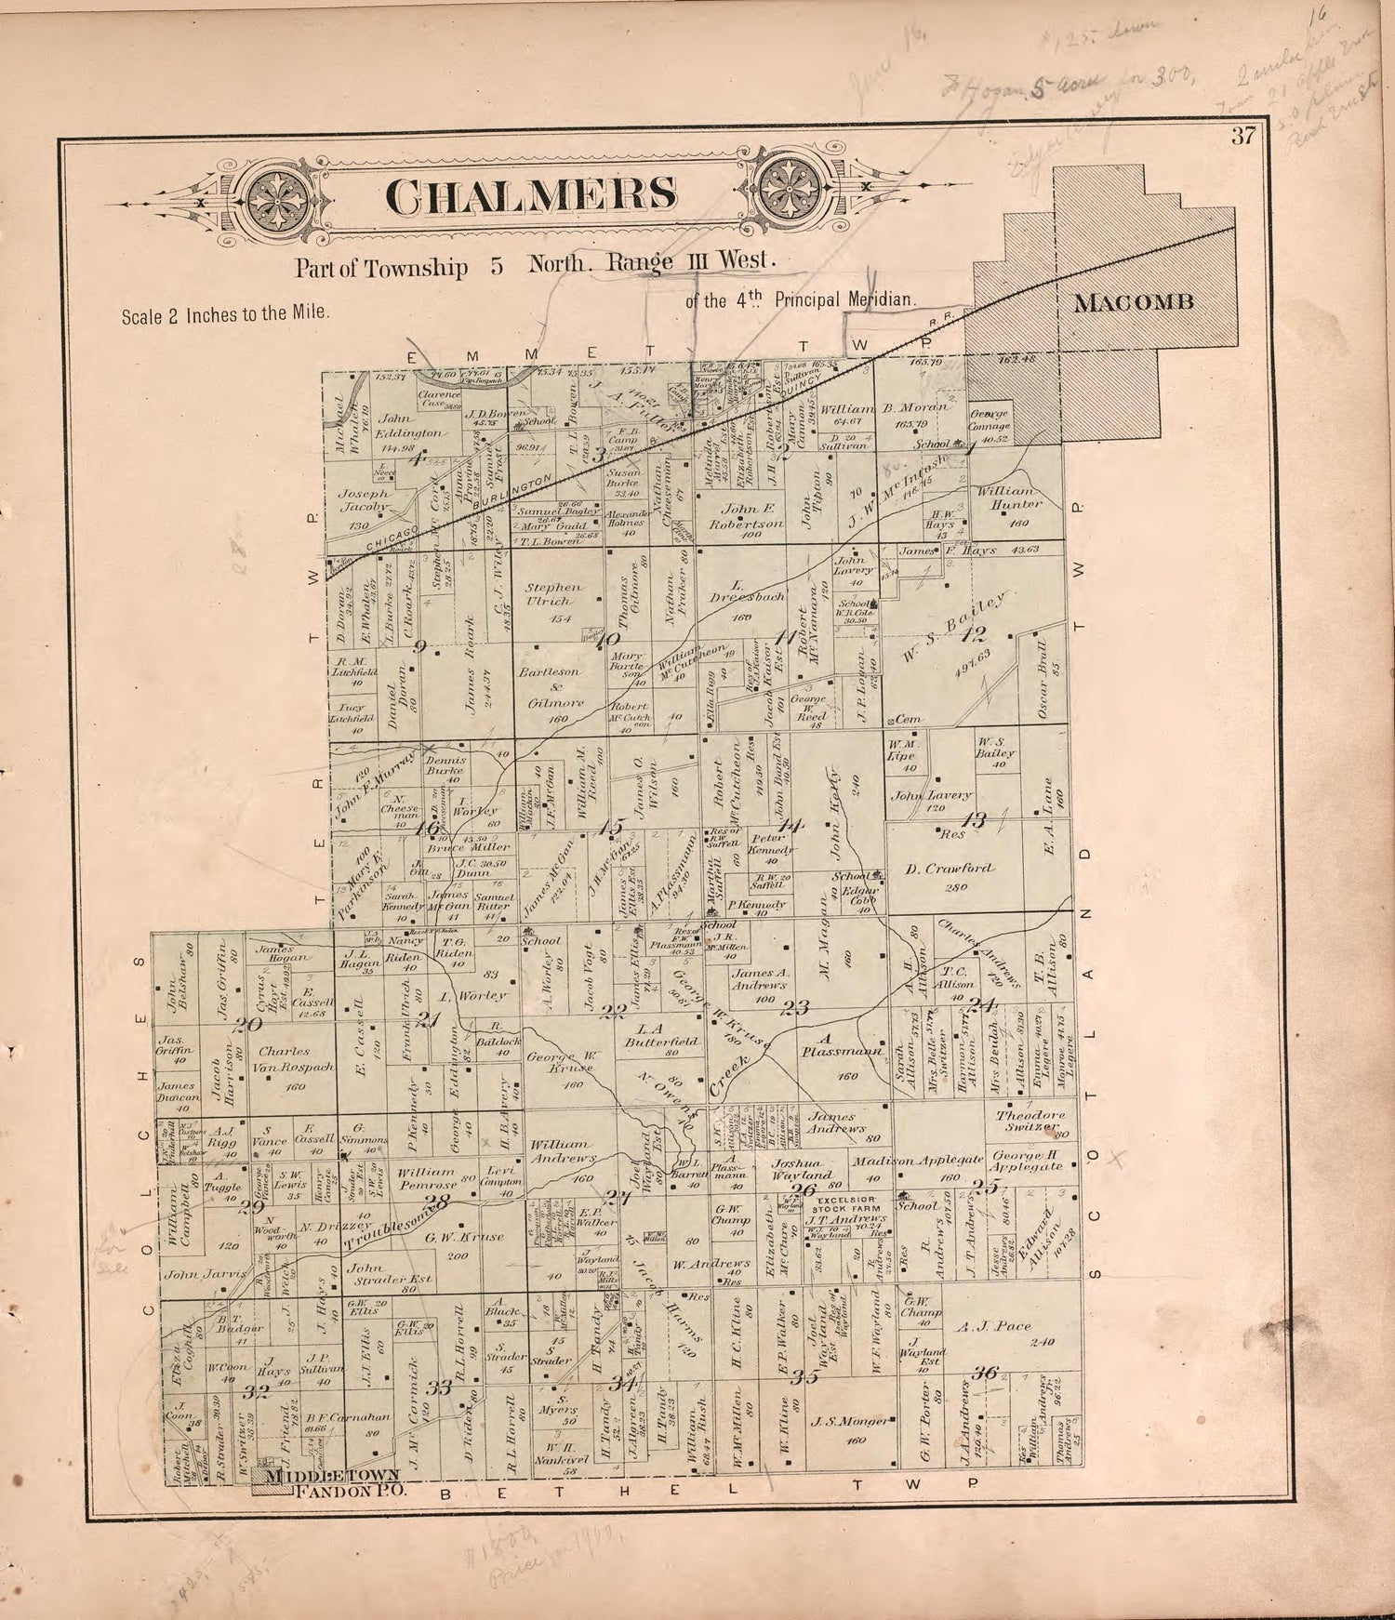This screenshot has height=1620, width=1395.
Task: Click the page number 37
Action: pyautogui.click(x=1242, y=136)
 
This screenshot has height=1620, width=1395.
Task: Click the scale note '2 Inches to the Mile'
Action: pyautogui.click(x=225, y=313)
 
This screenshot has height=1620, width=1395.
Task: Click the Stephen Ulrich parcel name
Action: pyautogui.click(x=553, y=594)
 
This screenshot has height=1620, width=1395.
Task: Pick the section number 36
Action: pyautogui.click(x=985, y=1373)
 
